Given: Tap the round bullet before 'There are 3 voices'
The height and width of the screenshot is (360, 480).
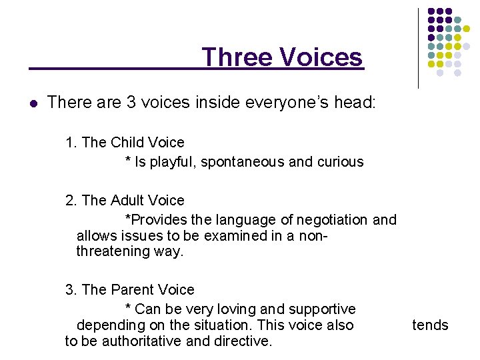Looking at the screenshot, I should tap(33, 103).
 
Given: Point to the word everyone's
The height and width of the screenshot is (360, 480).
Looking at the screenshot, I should tap(275, 103).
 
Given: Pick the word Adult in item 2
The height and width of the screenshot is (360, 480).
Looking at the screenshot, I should tap(129, 200).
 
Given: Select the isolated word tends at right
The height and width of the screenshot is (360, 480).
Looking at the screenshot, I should tap(430, 325).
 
